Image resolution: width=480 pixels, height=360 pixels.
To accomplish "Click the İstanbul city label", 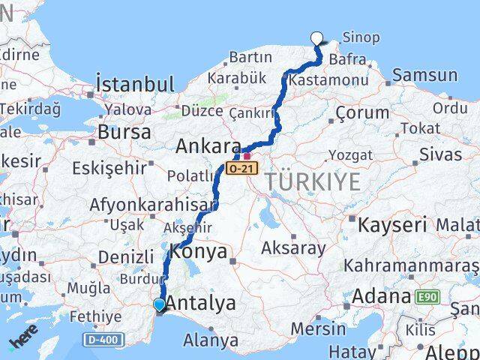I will (x=135, y=83).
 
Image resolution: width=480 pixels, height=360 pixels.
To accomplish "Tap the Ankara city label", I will (x=208, y=147).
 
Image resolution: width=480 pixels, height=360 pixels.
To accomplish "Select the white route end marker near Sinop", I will (x=316, y=38).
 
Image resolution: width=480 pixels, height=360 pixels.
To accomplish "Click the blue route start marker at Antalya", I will (x=159, y=304).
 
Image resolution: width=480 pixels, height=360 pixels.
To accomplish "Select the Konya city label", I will (x=199, y=252).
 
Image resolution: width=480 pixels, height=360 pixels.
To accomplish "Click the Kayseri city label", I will (x=392, y=224).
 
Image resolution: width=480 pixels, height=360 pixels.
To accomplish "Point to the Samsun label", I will (x=424, y=75).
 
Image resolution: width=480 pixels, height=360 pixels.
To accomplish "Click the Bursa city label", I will (x=124, y=132).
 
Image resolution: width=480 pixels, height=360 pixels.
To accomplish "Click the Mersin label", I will (x=318, y=328).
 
